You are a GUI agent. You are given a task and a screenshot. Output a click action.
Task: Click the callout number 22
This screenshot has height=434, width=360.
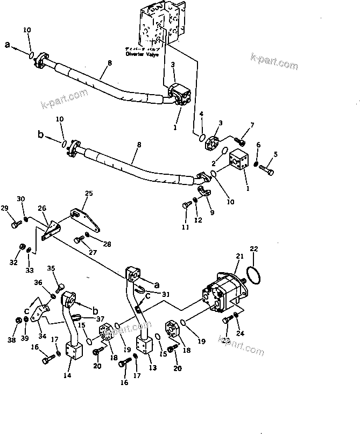tap(254, 248)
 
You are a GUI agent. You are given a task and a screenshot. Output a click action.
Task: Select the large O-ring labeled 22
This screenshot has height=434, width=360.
tap(255, 275)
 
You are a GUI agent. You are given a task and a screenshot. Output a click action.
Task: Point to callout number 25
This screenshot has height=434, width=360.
tap(89, 193)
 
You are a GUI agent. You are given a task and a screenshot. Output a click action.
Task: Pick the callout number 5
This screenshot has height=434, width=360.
tap(276, 155)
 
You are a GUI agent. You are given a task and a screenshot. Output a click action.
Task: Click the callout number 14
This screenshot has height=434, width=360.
tap(67, 375)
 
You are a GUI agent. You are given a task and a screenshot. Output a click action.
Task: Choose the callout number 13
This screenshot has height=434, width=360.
tap(152, 367)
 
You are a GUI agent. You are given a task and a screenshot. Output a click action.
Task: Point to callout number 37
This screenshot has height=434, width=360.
tap(101, 318)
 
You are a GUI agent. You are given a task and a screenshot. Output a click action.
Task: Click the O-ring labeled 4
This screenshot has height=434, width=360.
tap(201, 137)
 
